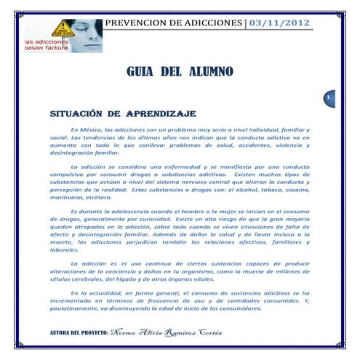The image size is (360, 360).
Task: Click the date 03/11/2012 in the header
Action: click(x=280, y=25)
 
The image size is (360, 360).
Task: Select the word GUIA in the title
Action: click(x=143, y=72)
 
